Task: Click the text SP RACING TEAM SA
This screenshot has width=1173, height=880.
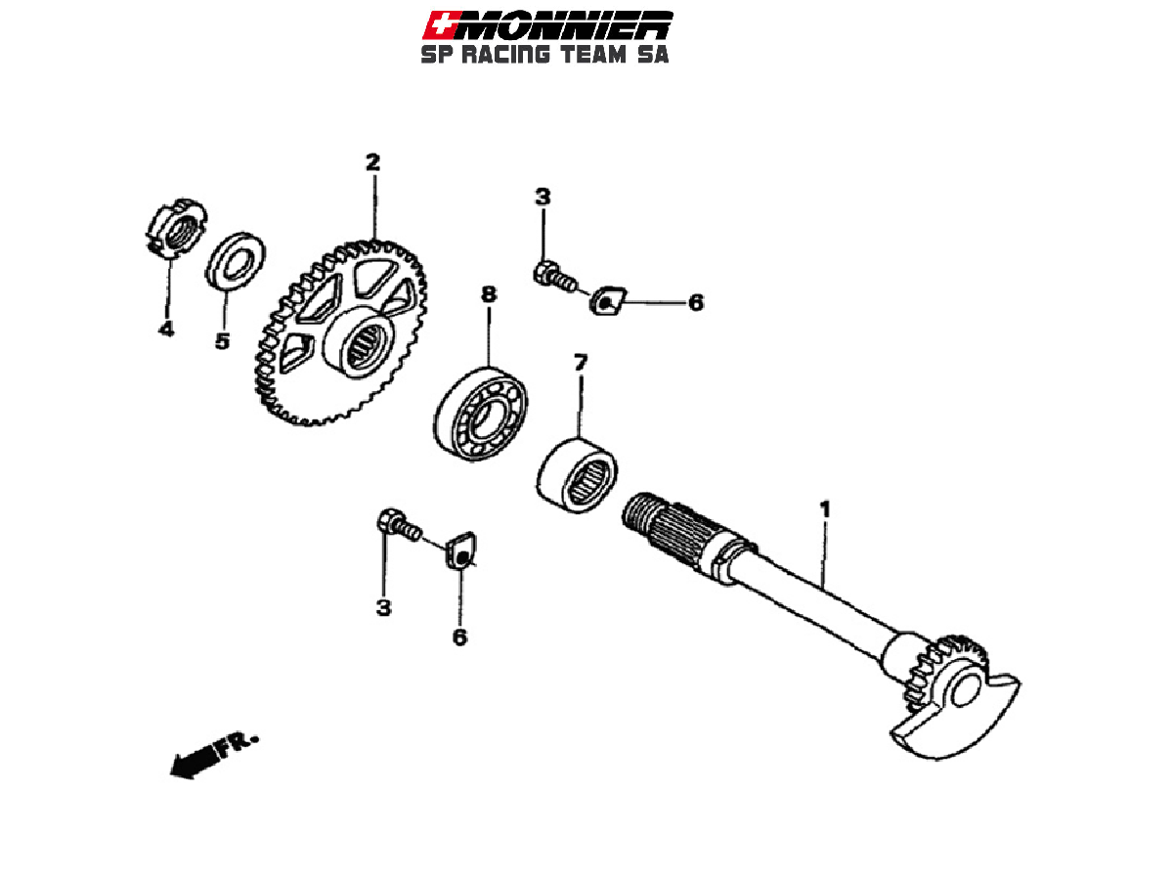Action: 544,55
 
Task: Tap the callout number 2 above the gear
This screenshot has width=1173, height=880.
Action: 372,162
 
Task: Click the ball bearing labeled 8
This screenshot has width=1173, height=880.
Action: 481,412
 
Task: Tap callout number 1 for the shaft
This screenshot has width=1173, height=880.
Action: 825,509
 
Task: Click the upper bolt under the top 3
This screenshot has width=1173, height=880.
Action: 550,275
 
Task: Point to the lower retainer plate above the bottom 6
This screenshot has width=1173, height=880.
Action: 460,552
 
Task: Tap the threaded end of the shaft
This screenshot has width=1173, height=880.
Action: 641,516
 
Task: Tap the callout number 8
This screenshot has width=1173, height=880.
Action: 488,293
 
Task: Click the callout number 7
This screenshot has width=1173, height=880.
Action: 581,364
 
